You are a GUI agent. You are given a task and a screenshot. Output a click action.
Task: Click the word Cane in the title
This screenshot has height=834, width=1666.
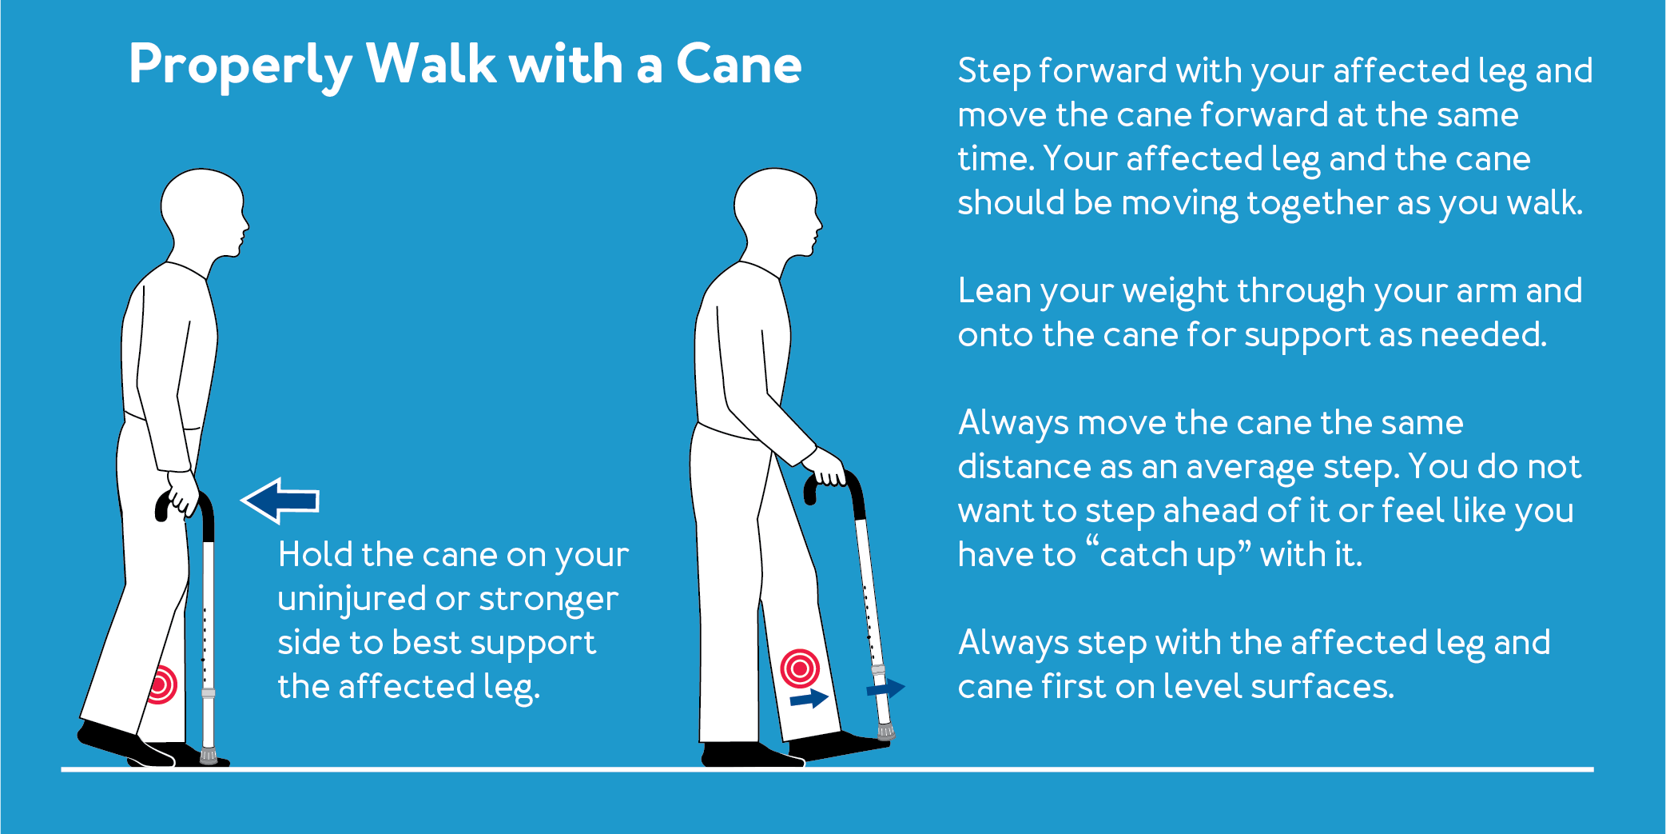(x=738, y=65)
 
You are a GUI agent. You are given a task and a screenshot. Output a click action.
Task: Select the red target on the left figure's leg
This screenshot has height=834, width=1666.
(x=162, y=684)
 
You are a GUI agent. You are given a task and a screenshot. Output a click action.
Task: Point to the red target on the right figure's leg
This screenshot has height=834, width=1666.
(x=800, y=668)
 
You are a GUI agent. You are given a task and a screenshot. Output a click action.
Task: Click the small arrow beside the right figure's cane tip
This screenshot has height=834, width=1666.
(x=886, y=688)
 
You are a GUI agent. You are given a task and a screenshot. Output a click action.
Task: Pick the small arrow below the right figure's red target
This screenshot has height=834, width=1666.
(x=809, y=699)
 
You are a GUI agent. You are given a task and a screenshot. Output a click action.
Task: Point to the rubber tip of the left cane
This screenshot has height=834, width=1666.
(x=209, y=755)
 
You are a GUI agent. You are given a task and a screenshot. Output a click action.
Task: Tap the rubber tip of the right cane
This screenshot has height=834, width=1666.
(x=886, y=731)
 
